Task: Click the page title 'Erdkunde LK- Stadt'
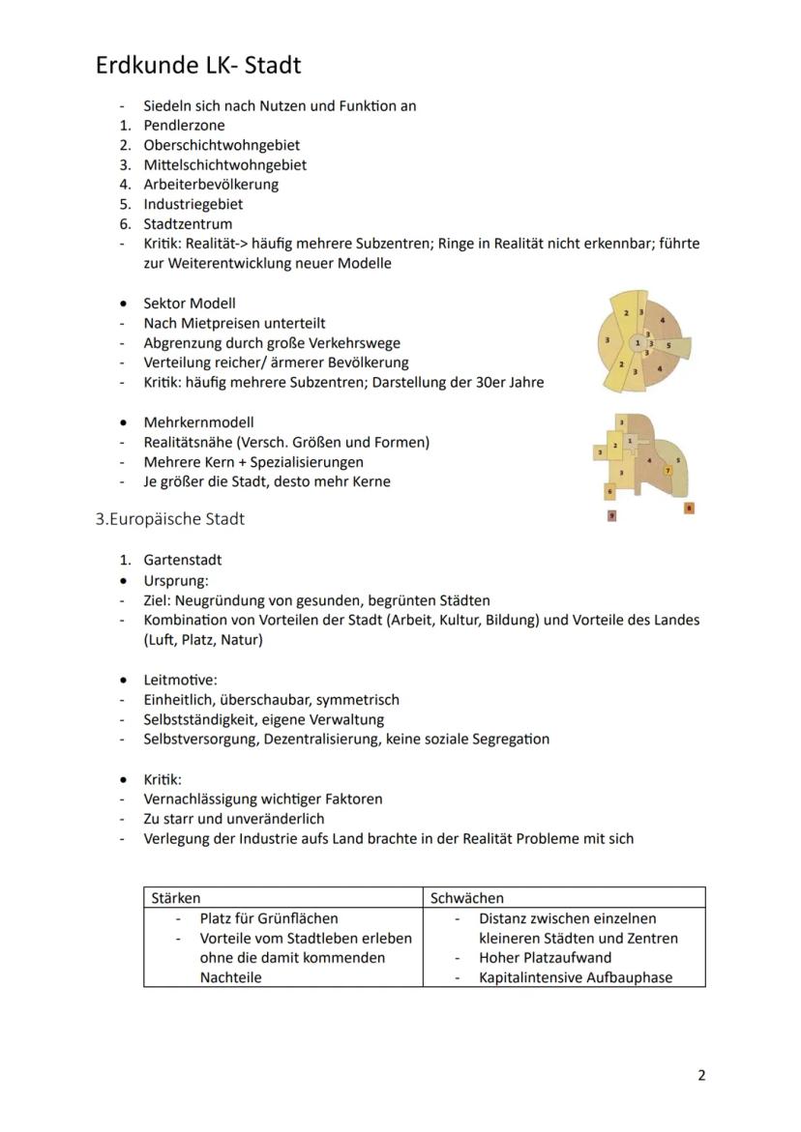pos(198,65)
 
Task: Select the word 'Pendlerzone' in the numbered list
pos(184,125)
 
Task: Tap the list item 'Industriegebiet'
pos(193,204)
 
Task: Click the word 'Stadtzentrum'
pos(188,224)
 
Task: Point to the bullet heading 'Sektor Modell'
pos(189,304)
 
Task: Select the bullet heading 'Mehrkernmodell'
pos(198,422)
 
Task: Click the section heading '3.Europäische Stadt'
pos(170,519)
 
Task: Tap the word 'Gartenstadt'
pos(183,560)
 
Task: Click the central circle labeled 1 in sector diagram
pos(638,343)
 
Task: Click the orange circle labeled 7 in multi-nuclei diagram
pos(667,470)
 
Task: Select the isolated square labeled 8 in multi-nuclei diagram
pos(689,508)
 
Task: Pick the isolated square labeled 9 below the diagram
pos(611,516)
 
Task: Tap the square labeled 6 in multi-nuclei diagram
pos(609,491)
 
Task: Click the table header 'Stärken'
pos(176,898)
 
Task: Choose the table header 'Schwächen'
pos(467,898)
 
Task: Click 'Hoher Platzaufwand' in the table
pos(545,957)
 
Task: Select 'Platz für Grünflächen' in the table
pos(269,918)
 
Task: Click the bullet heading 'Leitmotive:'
pos(180,680)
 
